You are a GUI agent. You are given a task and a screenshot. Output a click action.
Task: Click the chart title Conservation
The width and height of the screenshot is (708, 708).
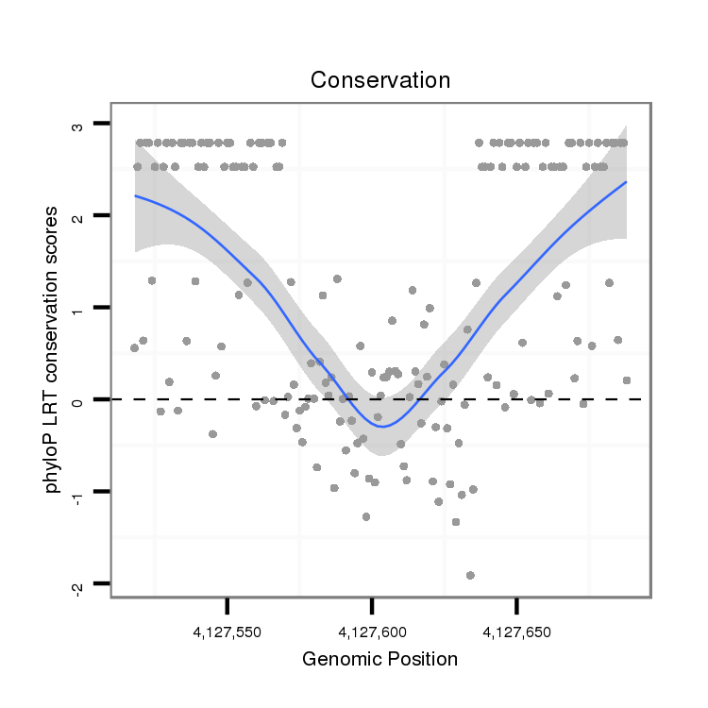380,80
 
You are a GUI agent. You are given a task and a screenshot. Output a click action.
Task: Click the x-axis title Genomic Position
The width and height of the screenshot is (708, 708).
379,659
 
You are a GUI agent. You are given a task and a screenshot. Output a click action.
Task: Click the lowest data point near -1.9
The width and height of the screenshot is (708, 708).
470,575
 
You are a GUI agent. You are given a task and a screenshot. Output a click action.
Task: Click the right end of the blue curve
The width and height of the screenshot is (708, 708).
626,182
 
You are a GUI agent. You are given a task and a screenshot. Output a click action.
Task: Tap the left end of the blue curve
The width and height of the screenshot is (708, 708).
135,195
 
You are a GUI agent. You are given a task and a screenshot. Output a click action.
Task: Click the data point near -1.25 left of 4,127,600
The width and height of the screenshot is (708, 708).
365,516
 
